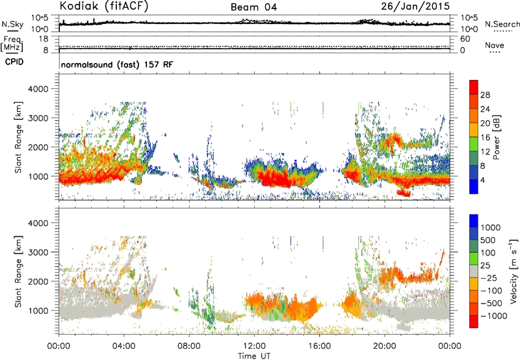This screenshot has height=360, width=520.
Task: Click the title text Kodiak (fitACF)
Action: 104,6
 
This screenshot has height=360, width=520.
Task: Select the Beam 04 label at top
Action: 253,7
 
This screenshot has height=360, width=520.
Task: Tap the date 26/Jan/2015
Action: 415,6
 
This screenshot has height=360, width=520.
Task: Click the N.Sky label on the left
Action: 12,24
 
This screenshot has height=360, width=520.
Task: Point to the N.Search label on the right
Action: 502,24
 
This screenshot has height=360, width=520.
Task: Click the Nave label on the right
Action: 495,45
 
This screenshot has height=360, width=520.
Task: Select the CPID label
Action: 14,62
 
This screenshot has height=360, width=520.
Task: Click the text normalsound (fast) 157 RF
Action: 117,64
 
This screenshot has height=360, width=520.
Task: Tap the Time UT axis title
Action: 254,356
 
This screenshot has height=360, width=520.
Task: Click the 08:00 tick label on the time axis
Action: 189,346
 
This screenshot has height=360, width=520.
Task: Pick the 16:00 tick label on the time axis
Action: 319,346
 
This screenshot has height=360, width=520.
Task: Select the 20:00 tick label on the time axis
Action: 385,346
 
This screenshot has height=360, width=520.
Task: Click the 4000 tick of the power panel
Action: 38,89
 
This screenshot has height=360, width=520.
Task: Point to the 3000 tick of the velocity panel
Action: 38,252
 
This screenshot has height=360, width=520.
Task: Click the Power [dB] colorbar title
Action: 496,137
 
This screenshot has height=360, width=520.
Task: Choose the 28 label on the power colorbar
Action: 485,95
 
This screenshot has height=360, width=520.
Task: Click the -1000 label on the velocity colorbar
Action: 494,316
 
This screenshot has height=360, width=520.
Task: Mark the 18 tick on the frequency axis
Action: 44,39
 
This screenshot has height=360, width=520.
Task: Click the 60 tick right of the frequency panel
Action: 465,39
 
